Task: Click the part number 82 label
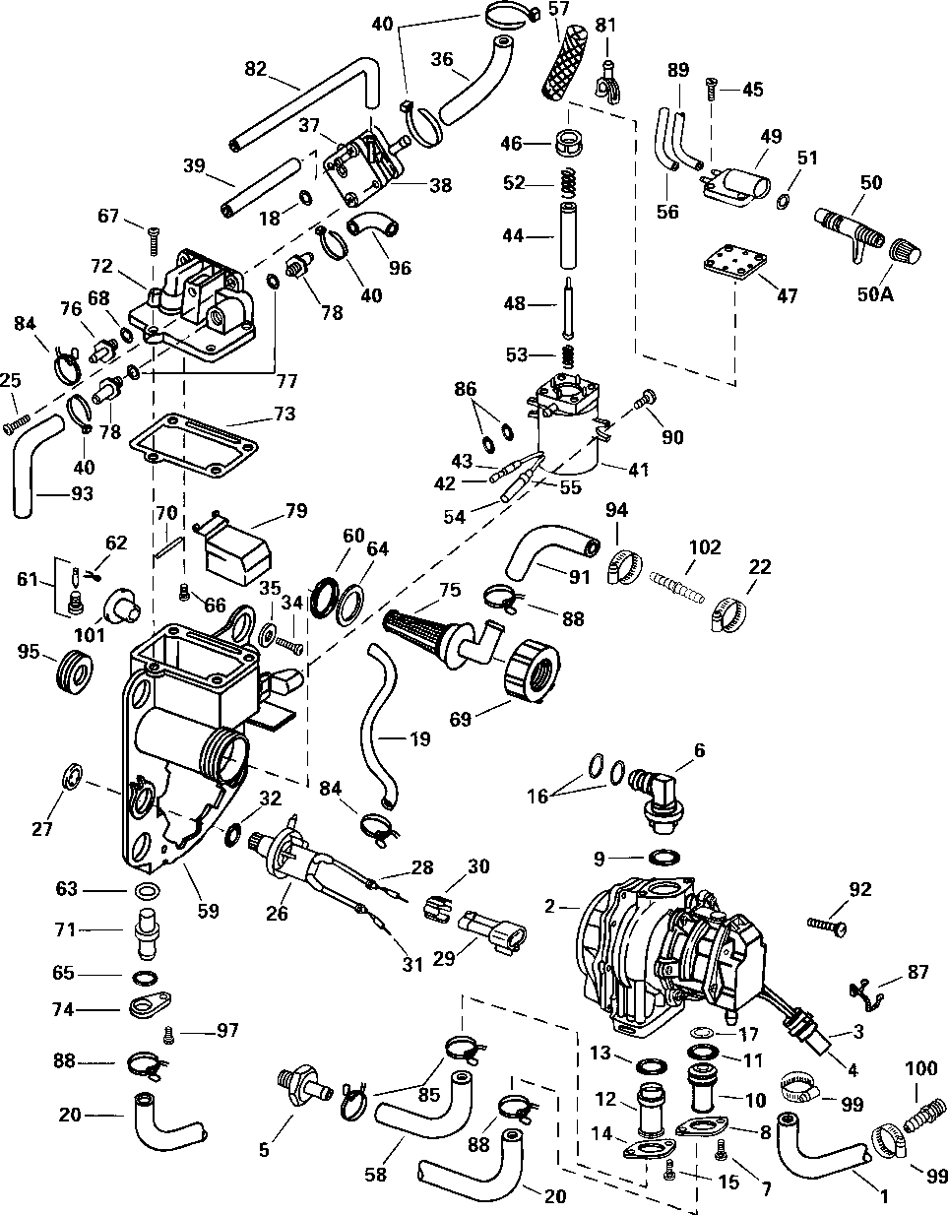click(x=256, y=68)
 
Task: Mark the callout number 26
click(x=277, y=913)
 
